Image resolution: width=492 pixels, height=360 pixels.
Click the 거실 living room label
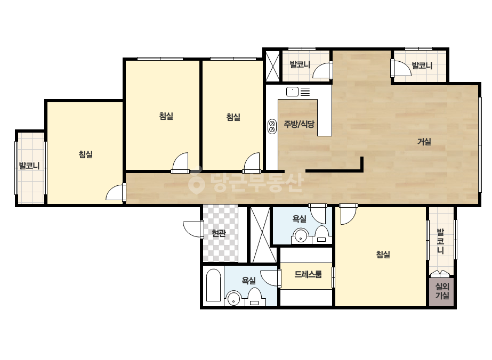coord(424,142)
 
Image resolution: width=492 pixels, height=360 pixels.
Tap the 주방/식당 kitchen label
coord(299,124)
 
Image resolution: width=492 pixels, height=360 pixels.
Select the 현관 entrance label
coord(219,233)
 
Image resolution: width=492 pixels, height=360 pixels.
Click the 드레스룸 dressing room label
coord(308,274)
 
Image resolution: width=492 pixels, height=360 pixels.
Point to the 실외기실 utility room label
coord(442,291)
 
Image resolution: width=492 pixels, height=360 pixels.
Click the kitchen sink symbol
coord(292,92)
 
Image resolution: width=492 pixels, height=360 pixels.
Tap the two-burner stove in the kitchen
coord(272,126)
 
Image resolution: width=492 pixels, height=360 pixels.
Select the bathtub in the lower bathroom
coord(213,285)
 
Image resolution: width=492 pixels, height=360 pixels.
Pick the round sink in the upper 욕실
coord(301,236)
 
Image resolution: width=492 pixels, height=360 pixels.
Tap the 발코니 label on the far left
coord(29,165)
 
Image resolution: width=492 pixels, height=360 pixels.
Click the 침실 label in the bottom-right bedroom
coord(383,255)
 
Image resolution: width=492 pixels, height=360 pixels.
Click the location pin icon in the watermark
coord(197,183)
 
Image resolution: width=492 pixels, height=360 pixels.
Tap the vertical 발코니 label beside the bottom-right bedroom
coord(440,241)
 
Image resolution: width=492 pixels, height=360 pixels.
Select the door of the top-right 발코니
coord(401,68)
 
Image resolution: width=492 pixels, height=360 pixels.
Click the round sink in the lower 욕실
coord(233,298)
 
